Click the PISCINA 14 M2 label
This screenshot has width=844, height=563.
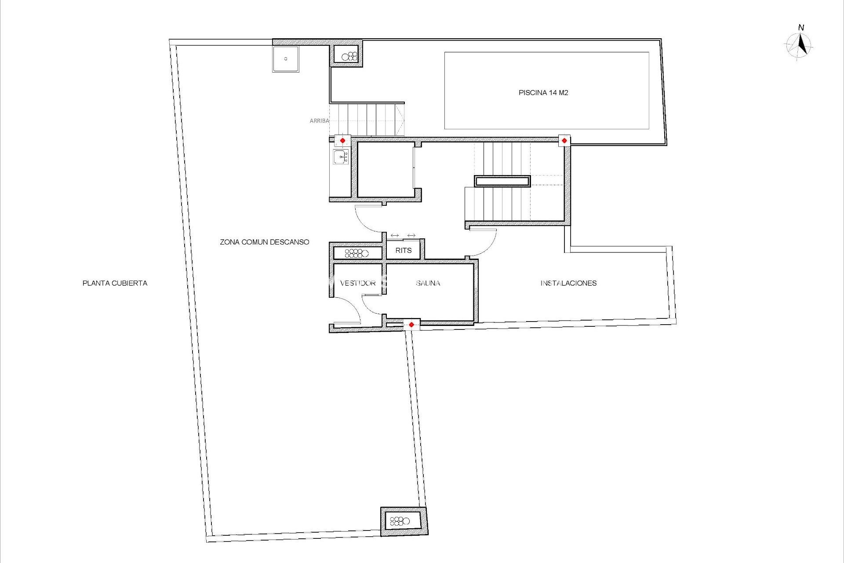[543, 93]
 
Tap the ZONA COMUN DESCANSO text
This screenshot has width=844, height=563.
[264, 242]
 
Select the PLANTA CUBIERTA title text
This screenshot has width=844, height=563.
[115, 283]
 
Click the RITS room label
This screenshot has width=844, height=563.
[403, 250]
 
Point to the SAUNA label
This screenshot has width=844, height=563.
[428, 283]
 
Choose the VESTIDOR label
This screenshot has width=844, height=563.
[357, 283]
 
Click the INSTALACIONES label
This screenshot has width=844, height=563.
[568, 283]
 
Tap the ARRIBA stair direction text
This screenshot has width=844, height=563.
[319, 121]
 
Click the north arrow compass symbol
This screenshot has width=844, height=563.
[800, 45]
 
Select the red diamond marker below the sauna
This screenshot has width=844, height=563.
[411, 325]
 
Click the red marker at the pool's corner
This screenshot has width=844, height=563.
[564, 140]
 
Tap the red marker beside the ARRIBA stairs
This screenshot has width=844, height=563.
[342, 140]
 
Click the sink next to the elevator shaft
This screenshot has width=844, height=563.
[341, 157]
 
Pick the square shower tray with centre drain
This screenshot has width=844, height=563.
[285, 59]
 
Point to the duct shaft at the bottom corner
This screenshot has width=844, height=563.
[403, 521]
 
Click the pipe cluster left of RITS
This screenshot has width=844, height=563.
[357, 253]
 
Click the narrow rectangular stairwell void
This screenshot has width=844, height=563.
[502, 181]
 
